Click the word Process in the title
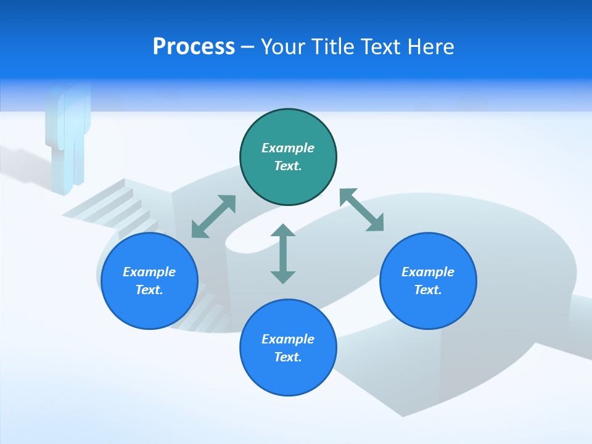[x=194, y=47]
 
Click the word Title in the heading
[x=333, y=47]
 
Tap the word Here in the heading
[x=429, y=47]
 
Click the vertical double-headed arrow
[x=283, y=254]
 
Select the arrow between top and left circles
[x=213, y=216]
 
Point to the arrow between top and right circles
[x=362, y=210]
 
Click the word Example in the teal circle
[x=288, y=148]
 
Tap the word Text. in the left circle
[x=149, y=290]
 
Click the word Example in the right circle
[x=428, y=272]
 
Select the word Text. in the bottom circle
[x=288, y=357]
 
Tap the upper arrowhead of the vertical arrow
[x=283, y=231]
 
